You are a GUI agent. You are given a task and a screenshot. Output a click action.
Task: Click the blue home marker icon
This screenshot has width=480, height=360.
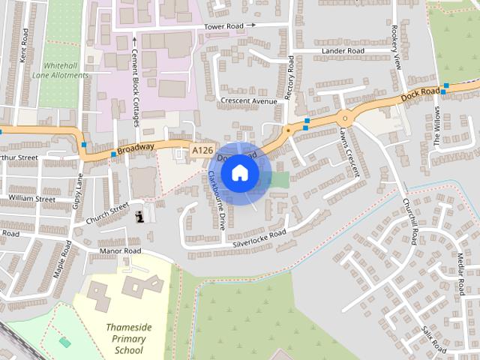click(240, 173)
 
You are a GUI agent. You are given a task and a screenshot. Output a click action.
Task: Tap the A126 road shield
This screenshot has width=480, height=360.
click(200, 151)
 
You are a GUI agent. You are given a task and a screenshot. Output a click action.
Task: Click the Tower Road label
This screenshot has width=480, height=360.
click(226, 25)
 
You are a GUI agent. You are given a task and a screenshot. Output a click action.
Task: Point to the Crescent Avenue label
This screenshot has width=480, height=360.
click(249, 100)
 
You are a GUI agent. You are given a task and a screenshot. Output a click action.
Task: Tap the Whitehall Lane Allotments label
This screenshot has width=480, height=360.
click(61, 70)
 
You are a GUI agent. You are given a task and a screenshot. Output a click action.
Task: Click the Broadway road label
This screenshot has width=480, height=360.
click(136, 148)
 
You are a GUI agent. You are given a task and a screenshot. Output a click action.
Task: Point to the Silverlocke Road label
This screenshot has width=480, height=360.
click(259, 238)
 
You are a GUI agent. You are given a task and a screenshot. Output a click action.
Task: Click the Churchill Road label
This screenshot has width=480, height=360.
click(409, 220)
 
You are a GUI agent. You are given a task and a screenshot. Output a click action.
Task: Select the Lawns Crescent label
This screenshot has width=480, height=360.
click(350, 151)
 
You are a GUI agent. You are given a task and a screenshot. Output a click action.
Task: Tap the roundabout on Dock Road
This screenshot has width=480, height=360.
click(344, 117)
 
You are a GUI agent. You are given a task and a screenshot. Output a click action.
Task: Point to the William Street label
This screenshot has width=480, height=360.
click(32, 199)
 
